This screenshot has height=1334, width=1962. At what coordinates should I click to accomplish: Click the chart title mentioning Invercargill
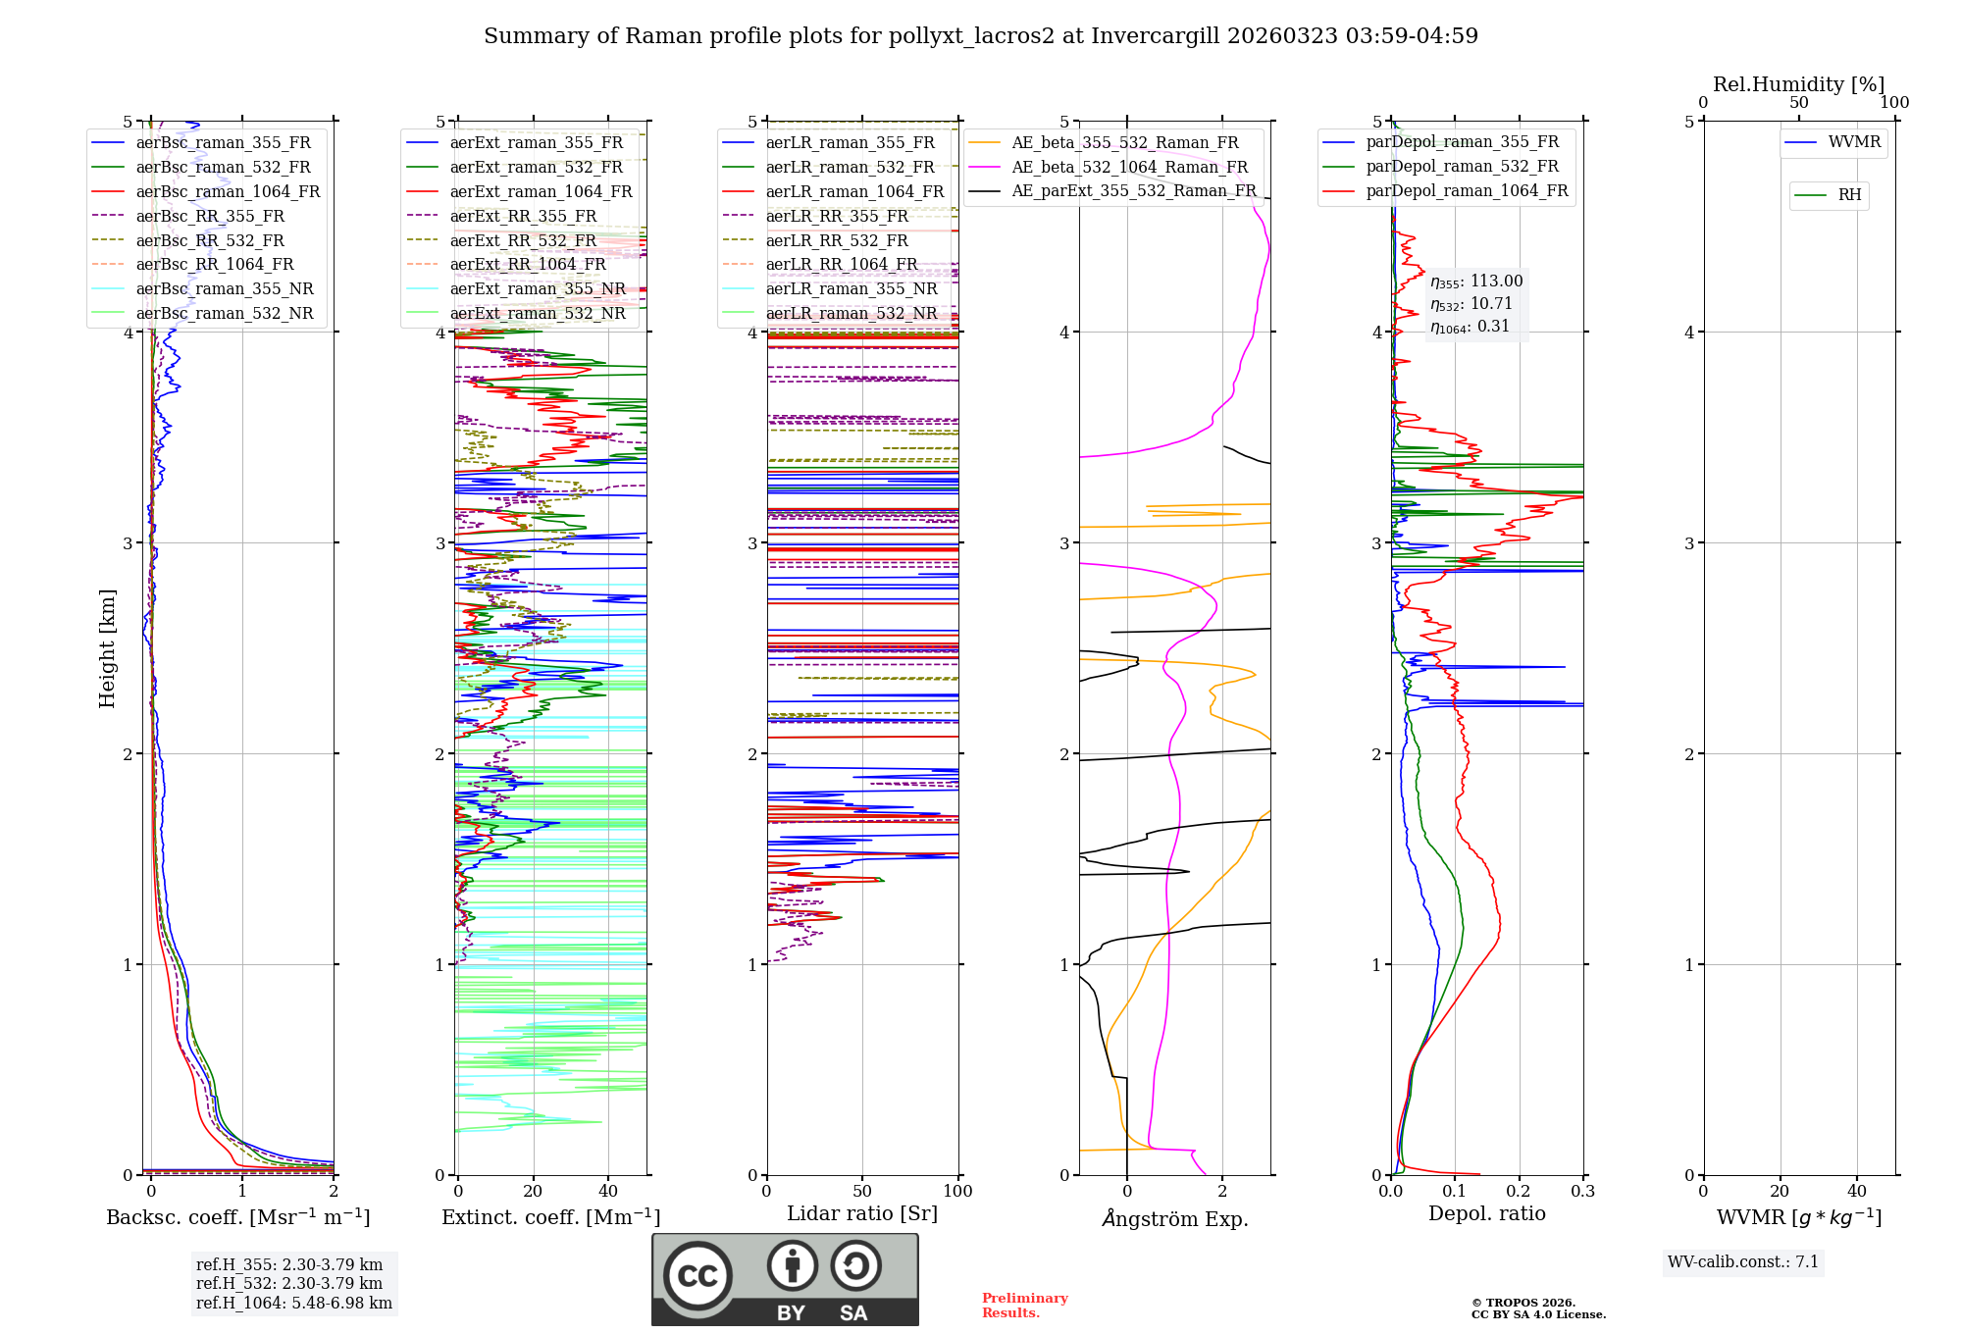coord(980,36)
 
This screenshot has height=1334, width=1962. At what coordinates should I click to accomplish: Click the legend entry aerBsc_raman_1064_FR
coord(228,191)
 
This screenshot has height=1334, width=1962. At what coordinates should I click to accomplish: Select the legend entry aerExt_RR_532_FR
coord(522,240)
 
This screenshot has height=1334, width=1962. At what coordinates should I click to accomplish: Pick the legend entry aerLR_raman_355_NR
coord(851,288)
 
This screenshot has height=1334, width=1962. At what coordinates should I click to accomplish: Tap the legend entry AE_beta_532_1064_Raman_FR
coord(1129,167)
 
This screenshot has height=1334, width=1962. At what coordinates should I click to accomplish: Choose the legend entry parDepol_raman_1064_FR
coord(1467,190)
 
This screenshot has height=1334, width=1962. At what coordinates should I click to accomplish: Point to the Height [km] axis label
coord(107,647)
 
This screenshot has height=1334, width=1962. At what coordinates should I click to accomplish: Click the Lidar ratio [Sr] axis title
coord(861,1213)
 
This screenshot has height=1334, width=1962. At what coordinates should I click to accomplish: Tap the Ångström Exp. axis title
coord(1174,1218)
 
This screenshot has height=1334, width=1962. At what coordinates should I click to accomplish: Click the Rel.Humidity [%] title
coord(1798,84)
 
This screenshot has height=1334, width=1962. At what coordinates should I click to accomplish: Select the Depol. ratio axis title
coord(1486,1213)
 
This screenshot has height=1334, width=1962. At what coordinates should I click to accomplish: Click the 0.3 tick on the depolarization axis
coord(1582,1192)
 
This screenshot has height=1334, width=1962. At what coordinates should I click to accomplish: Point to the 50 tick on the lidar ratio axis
coord(862,1192)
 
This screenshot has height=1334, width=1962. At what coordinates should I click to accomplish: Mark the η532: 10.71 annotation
coord(1471,304)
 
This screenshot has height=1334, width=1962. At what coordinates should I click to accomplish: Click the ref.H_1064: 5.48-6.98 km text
coord(293,1304)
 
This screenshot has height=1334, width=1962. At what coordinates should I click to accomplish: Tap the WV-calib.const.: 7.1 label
coord(1742,1262)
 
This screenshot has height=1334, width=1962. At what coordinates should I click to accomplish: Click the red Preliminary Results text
coord(1024,1306)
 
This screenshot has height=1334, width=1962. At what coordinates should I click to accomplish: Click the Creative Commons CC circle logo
coord(697,1275)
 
